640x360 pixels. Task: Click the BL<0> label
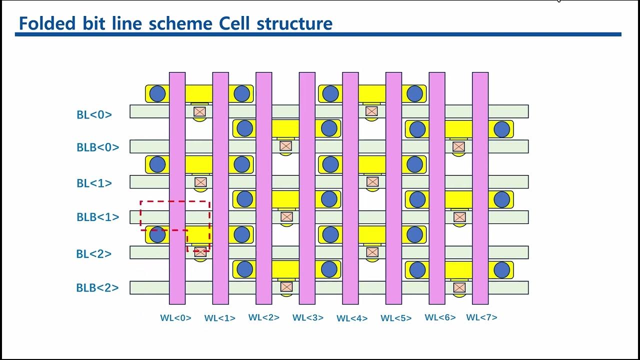coord(94,114)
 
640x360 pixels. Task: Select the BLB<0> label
coord(98,147)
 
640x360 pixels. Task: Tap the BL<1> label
coord(94,183)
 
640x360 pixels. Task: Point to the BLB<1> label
coord(98,217)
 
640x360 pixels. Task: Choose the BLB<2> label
coord(97,287)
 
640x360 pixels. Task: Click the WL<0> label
coord(175,317)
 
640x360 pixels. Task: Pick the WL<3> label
coord(308,317)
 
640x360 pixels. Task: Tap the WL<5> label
coord(396,318)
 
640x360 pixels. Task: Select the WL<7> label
coord(481,317)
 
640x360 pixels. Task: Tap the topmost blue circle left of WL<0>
coord(157,93)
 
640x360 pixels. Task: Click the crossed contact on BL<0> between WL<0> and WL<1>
coord(200,111)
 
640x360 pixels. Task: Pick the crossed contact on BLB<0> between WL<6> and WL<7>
coord(458,146)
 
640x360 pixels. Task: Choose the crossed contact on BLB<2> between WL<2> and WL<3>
coord(286,287)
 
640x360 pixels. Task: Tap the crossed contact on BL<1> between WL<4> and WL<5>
coord(372,181)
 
